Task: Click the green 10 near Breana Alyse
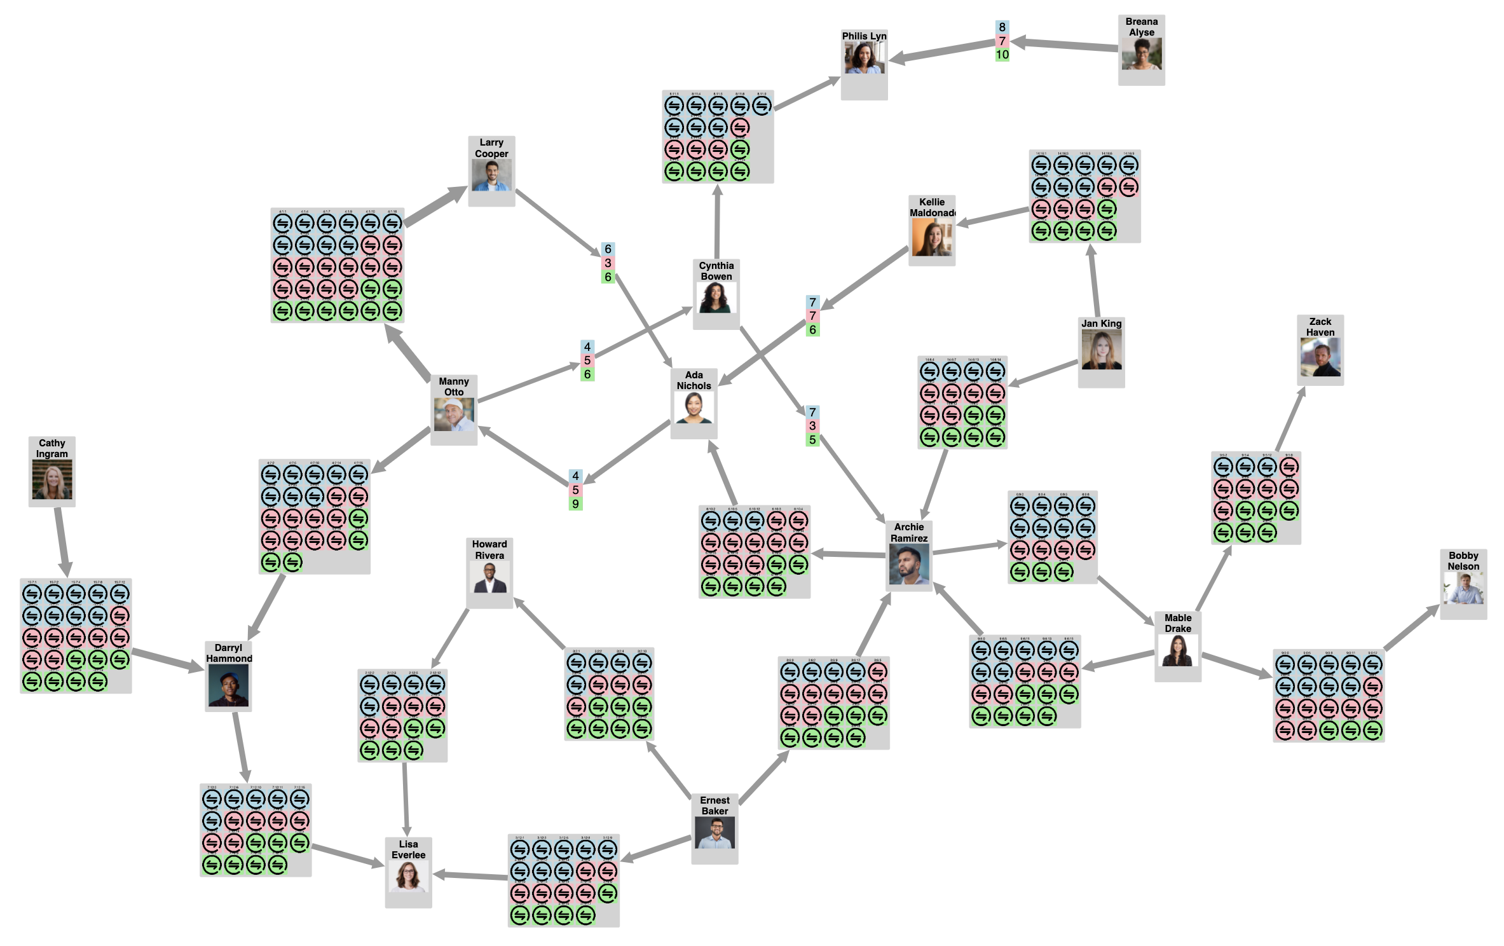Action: coord(1002,55)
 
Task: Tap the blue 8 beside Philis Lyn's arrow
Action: coord(1002,27)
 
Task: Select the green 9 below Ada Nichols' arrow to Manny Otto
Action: coord(575,504)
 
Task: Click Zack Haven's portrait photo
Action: coord(1320,357)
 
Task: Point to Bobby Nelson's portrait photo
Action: coord(1463,588)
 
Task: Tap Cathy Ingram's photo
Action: coord(52,479)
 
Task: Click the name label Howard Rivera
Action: coord(489,550)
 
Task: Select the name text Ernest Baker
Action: coord(714,805)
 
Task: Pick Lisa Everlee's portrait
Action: coord(408,876)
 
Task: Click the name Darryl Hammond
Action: coord(229,653)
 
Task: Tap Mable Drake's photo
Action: coord(1177,650)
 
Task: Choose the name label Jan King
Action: coord(1101,324)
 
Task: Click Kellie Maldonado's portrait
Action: coord(931,238)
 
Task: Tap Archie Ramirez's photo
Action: coord(909,565)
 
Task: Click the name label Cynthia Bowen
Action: coord(716,271)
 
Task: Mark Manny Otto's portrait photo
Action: coord(454,415)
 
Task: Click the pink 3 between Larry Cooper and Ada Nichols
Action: coord(608,263)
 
